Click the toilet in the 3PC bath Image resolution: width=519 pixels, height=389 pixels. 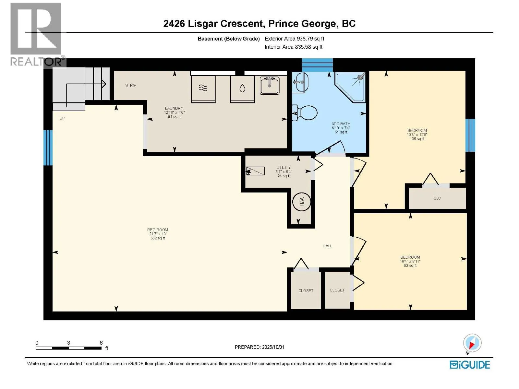point(305,113)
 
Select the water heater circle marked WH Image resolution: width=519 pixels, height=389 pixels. point(301,202)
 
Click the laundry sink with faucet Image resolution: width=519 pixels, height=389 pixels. point(270,85)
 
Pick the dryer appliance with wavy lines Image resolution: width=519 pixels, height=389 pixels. point(203,89)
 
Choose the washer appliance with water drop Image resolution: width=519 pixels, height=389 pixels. point(242,89)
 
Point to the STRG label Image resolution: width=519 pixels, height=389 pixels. point(130,85)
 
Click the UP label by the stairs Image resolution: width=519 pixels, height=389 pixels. point(62,118)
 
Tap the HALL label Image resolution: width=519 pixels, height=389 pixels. point(327,246)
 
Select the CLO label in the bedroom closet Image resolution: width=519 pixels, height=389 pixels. point(437,198)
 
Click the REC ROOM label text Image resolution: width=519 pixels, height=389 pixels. point(157,230)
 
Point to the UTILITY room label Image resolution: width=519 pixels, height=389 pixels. point(284,168)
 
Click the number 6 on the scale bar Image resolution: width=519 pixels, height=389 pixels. point(101,343)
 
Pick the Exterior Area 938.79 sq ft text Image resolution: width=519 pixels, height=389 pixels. point(295,39)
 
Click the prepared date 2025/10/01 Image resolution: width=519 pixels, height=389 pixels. point(273,347)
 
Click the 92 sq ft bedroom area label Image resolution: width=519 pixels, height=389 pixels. point(410,265)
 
